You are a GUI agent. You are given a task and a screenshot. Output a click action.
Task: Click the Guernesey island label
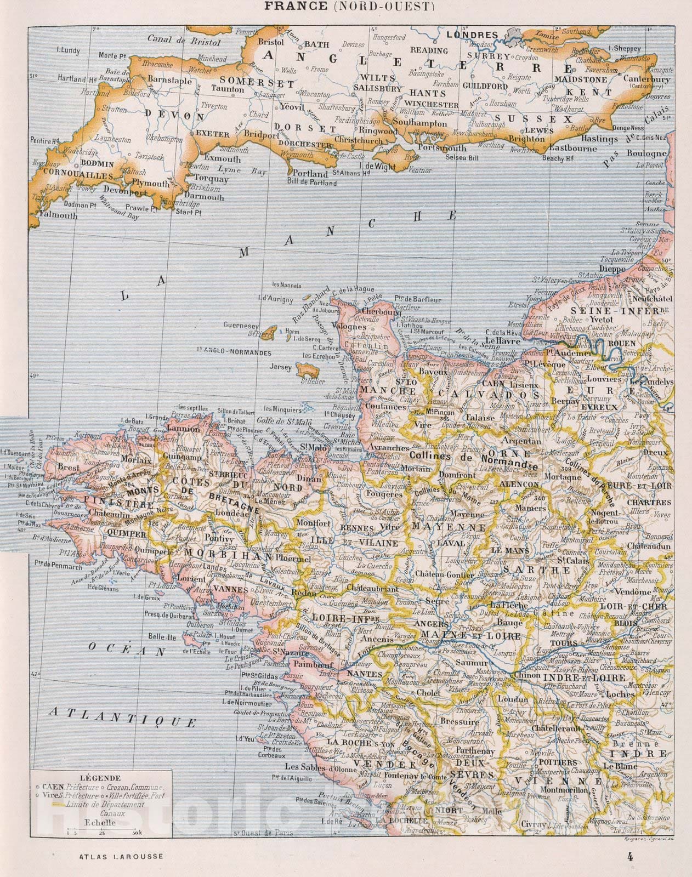[x=241, y=325]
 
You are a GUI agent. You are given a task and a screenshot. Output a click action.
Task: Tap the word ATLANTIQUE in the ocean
[x=122, y=717]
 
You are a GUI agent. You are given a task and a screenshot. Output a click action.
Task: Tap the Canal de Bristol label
[x=184, y=41]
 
